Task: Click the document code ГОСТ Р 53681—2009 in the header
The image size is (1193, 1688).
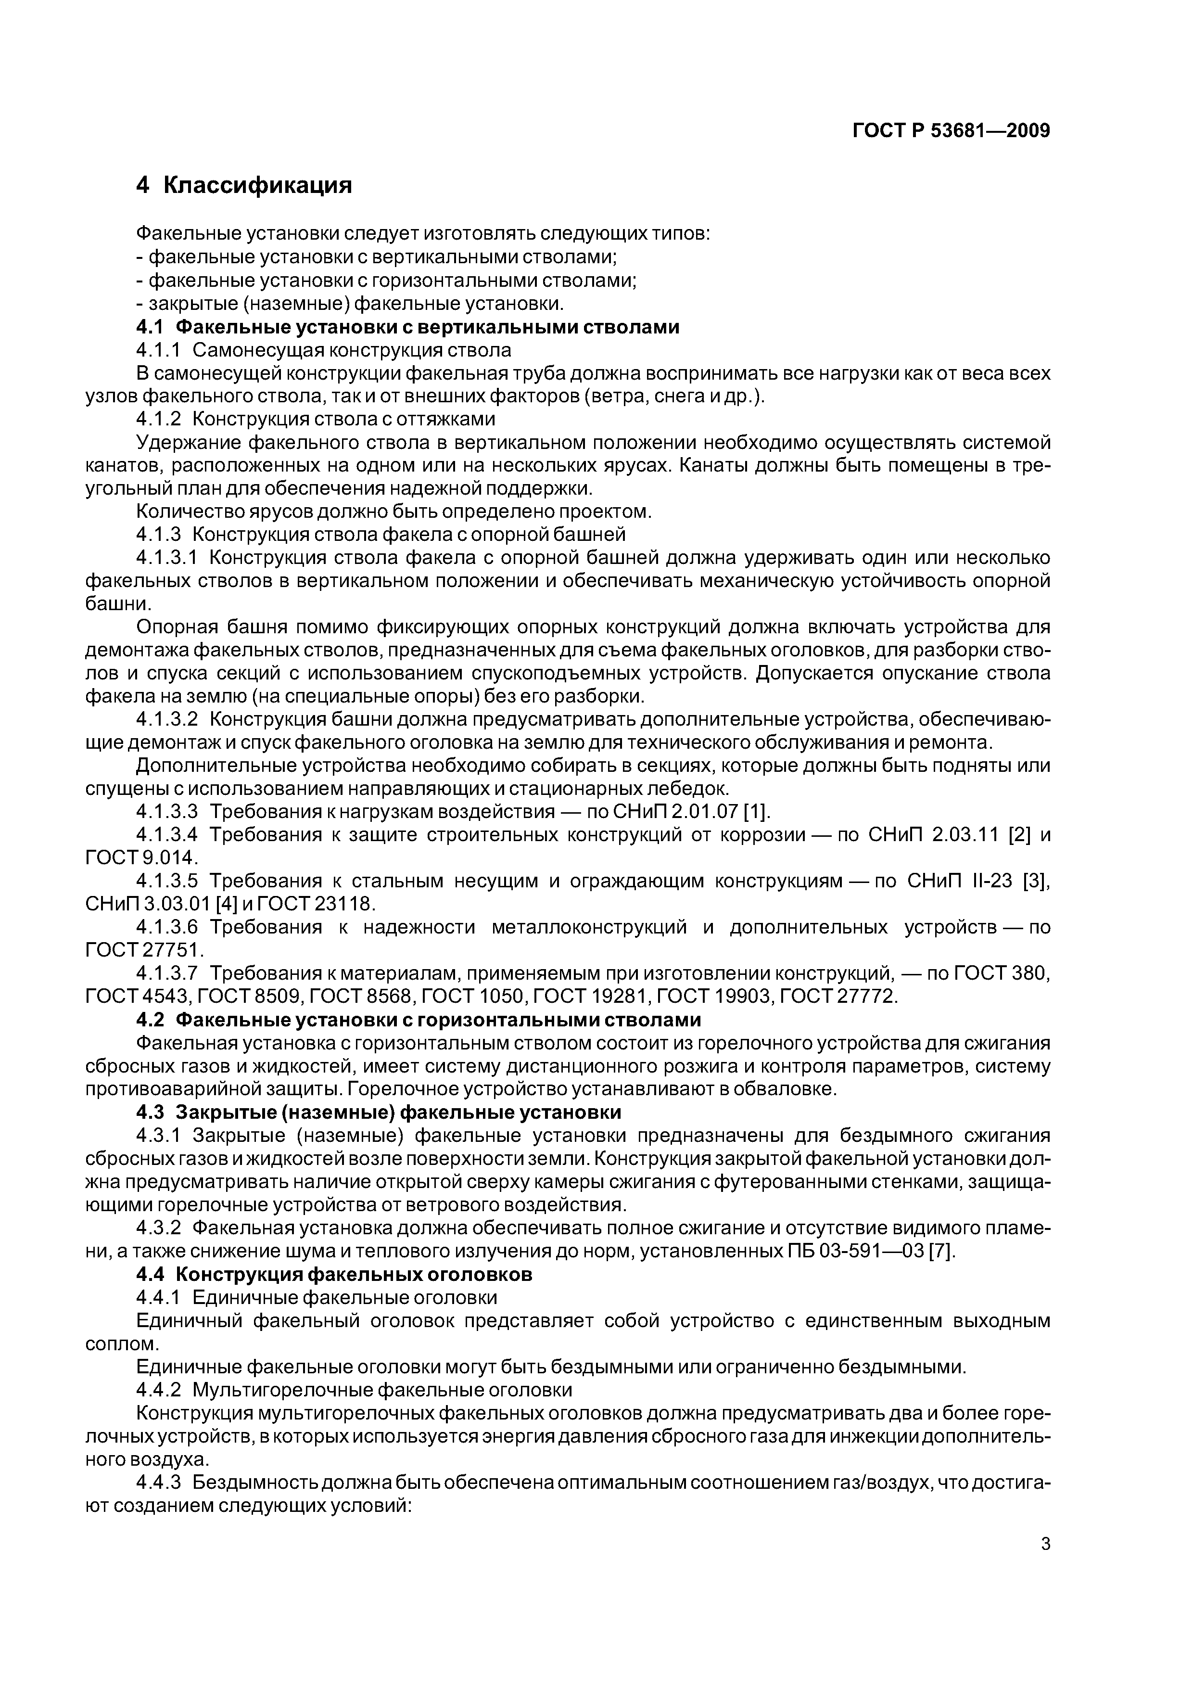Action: [x=951, y=131]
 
